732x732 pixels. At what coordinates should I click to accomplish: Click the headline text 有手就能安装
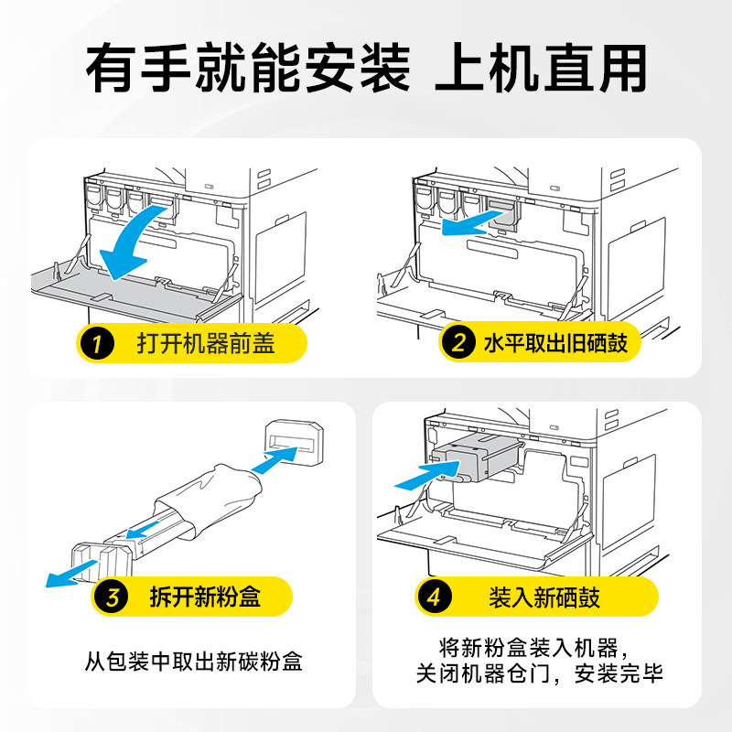coord(247,67)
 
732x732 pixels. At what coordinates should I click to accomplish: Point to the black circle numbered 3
coord(112,599)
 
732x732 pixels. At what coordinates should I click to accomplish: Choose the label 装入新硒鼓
coord(544,599)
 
